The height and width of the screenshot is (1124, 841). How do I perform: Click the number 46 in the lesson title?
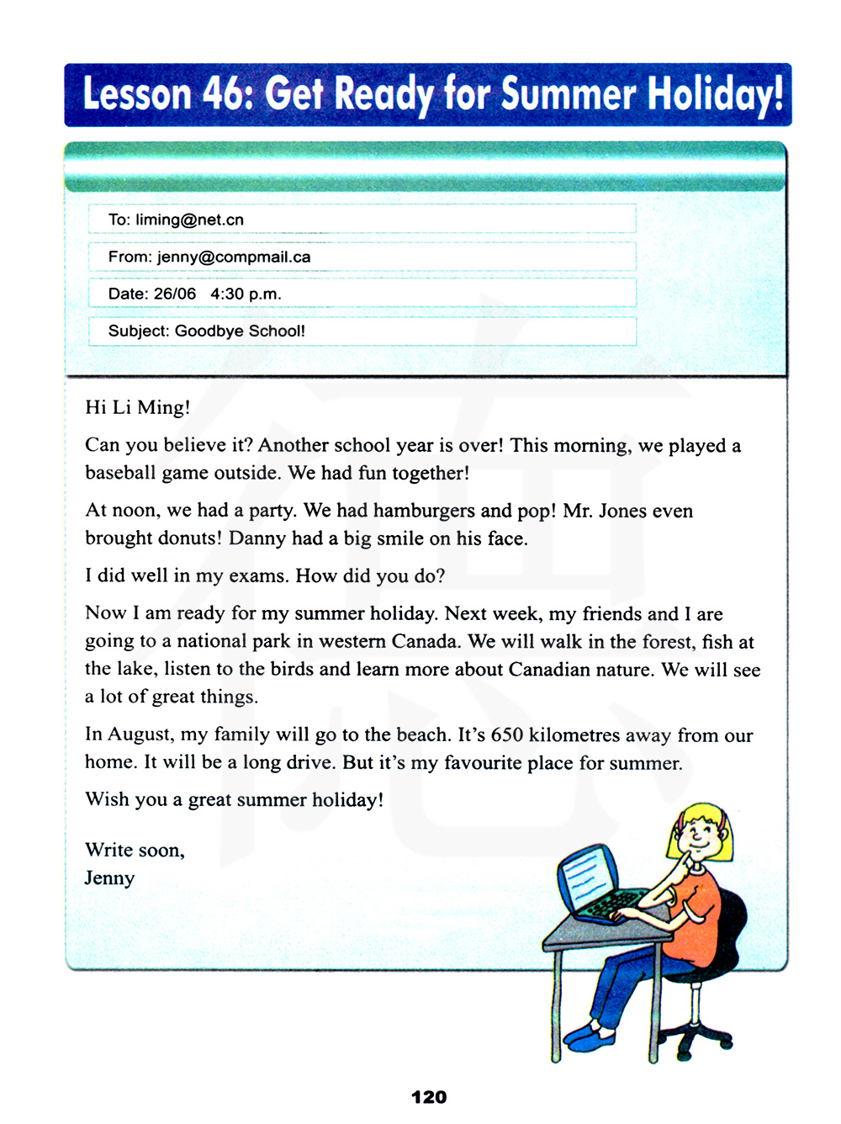pyautogui.click(x=223, y=93)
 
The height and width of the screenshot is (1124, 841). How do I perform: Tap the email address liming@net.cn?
pyautogui.click(x=189, y=220)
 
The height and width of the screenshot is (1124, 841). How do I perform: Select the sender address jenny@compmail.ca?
pyautogui.click(x=234, y=257)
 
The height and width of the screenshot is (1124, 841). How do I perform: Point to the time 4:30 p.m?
pyautogui.click(x=246, y=294)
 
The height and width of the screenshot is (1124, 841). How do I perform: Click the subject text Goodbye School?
pyautogui.click(x=240, y=331)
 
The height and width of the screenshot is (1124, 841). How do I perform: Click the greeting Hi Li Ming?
pyautogui.click(x=138, y=407)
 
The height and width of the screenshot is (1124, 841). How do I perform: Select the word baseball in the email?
pyautogui.click(x=120, y=473)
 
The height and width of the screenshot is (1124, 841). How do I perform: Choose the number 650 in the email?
pyautogui.click(x=507, y=734)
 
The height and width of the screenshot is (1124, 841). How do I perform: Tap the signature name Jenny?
pyautogui.click(x=109, y=877)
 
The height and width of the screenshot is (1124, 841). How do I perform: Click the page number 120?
pyautogui.click(x=429, y=1097)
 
